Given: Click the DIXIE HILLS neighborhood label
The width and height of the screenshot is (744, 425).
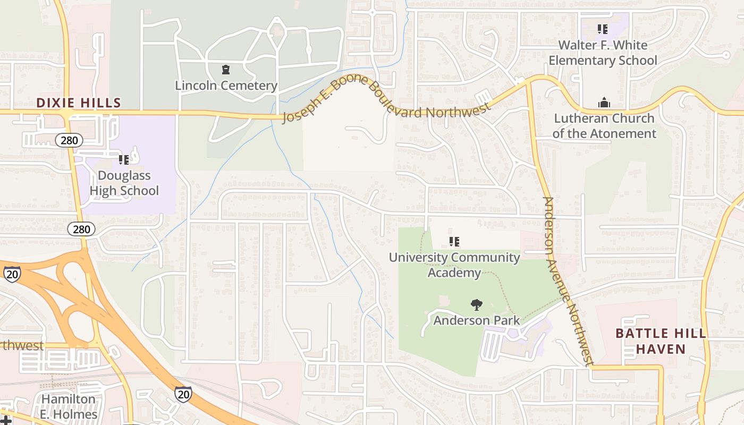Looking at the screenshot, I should [79, 103].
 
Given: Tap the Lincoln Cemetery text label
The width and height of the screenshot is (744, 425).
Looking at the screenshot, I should [226, 86].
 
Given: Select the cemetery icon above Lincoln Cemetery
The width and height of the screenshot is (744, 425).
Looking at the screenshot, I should [226, 70].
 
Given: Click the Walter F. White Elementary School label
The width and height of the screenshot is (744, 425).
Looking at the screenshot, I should [603, 53].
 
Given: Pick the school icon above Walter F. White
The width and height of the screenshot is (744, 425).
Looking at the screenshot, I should [602, 29].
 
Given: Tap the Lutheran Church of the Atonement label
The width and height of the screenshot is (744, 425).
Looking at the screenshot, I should [604, 126].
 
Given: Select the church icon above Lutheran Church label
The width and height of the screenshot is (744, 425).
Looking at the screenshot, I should [604, 103].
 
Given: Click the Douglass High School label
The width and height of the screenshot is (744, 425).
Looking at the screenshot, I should [124, 183].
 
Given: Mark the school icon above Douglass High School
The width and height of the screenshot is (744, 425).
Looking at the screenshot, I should [124, 159].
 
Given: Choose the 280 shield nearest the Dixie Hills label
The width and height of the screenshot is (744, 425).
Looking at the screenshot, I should [69, 141].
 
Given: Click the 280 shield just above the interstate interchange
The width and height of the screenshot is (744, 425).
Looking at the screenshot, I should [81, 229].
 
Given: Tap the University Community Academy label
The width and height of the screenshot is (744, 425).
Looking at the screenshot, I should [454, 265].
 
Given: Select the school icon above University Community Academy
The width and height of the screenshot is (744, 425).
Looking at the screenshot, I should [454, 242].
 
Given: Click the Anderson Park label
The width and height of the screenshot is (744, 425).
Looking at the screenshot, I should [477, 320].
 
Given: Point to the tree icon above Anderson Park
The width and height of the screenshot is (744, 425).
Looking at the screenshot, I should [477, 305].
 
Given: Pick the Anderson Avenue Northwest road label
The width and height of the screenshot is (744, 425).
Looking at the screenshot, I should [568, 282].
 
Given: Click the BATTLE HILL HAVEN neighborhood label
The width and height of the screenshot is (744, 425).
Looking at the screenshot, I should [661, 341].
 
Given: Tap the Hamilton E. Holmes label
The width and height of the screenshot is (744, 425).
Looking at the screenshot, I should [69, 407].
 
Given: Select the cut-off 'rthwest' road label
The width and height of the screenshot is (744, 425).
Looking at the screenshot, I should [22, 346].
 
